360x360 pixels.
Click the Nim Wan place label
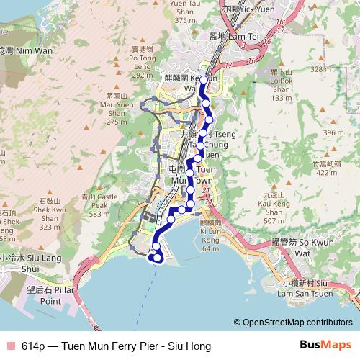tap(22, 52)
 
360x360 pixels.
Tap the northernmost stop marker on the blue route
tap(204, 80)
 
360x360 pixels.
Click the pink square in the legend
tap(11, 346)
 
